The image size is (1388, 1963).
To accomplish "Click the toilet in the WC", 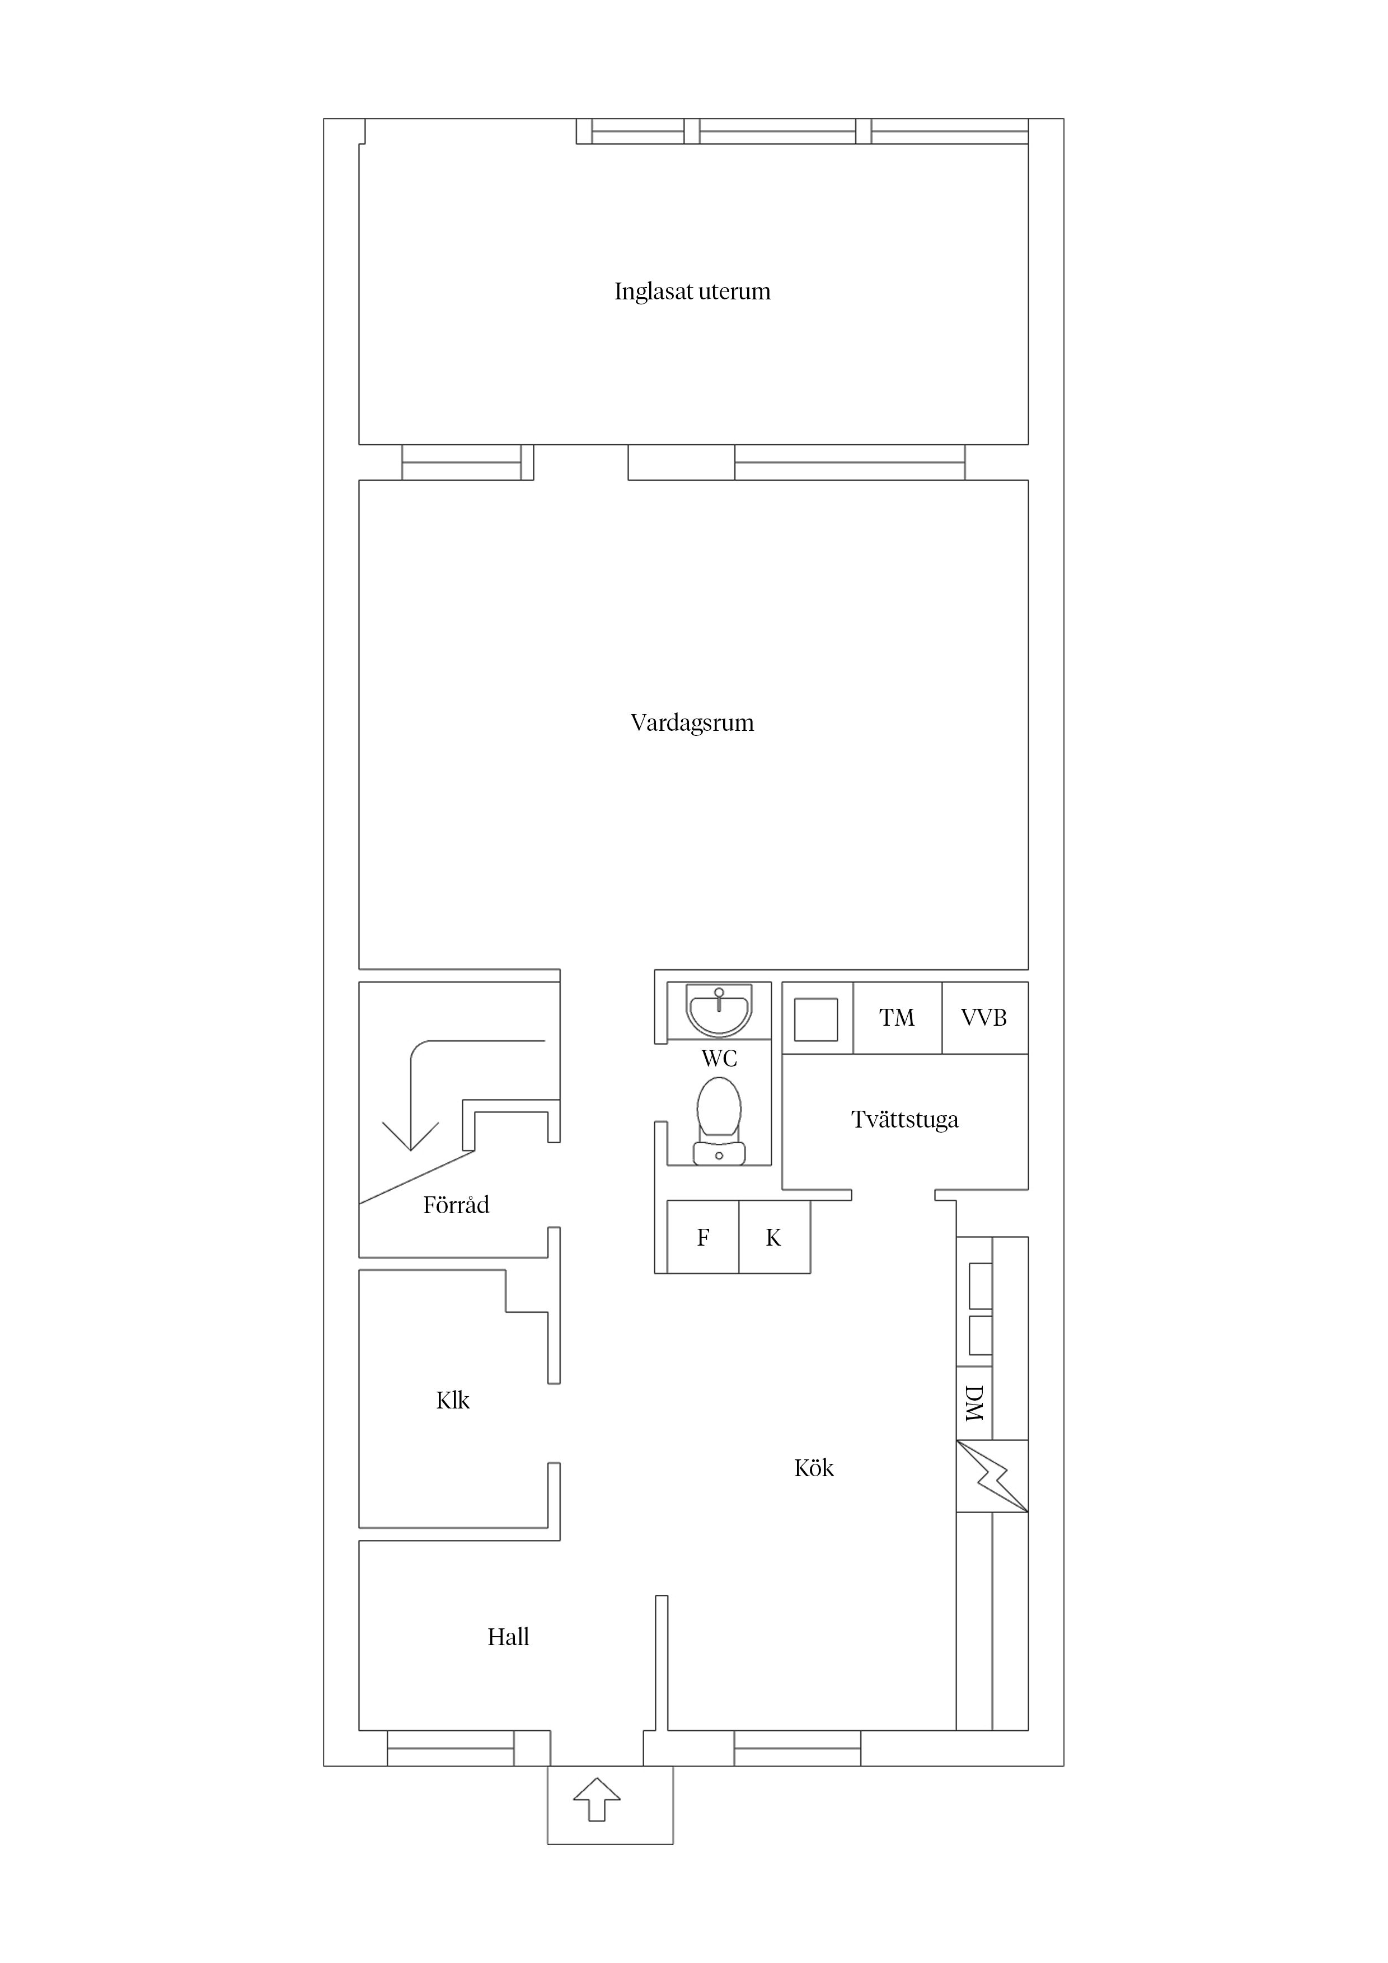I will click(x=719, y=1120).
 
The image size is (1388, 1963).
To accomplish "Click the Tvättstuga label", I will click(x=905, y=1120).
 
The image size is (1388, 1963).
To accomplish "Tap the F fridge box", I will click(x=703, y=1237).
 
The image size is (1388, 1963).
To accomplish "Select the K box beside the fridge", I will click(x=774, y=1237).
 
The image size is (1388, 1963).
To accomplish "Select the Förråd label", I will click(x=456, y=1205).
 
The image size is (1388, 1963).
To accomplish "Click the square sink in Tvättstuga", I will click(x=816, y=1019).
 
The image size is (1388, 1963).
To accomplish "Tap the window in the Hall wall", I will click(x=451, y=1749).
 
